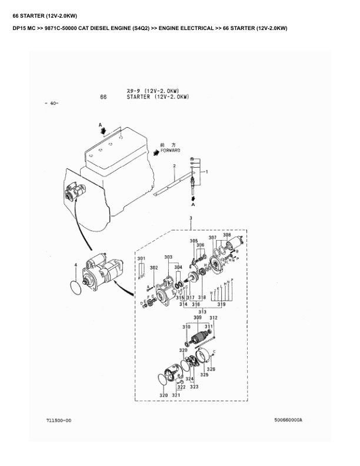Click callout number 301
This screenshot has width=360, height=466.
tap(141, 259)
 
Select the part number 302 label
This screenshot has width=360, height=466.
tap(154, 268)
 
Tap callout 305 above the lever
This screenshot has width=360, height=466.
tap(194, 241)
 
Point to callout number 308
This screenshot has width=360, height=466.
tap(226, 235)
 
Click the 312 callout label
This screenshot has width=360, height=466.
tap(213, 318)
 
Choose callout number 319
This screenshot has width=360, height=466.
tap(221, 304)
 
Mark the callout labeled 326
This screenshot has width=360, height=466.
tap(211, 369)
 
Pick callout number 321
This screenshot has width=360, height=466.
tap(175, 395)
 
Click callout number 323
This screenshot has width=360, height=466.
tap(194, 387)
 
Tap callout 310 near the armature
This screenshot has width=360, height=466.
tap(186, 327)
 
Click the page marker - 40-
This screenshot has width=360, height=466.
tap(51, 104)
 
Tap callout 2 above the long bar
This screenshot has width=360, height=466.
tap(174, 167)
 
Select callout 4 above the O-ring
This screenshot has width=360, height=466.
tap(75, 265)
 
